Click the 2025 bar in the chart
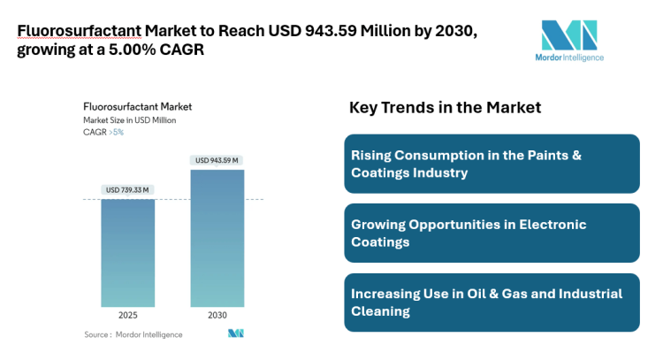pyautogui.click(x=128, y=253)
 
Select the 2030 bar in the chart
pyautogui.click(x=217, y=239)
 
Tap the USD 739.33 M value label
pyautogui.click(x=128, y=190)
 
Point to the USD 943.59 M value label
pyautogui.click(x=217, y=160)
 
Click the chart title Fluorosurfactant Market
pyautogui.click(x=137, y=107)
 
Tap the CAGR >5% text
pyautogui.click(x=104, y=132)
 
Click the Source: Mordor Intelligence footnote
pyautogui.click(x=133, y=334)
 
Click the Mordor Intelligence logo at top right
pyautogui.click(x=571, y=41)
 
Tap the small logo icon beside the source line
pyautogui.click(x=235, y=333)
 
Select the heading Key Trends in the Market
pyautogui.click(x=445, y=108)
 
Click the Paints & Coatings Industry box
pyautogui.click(x=491, y=164)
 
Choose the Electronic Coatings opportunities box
pyautogui.click(x=491, y=233)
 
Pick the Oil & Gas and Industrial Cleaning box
pyautogui.click(x=491, y=302)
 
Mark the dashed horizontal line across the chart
pyautogui.click(x=172, y=200)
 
